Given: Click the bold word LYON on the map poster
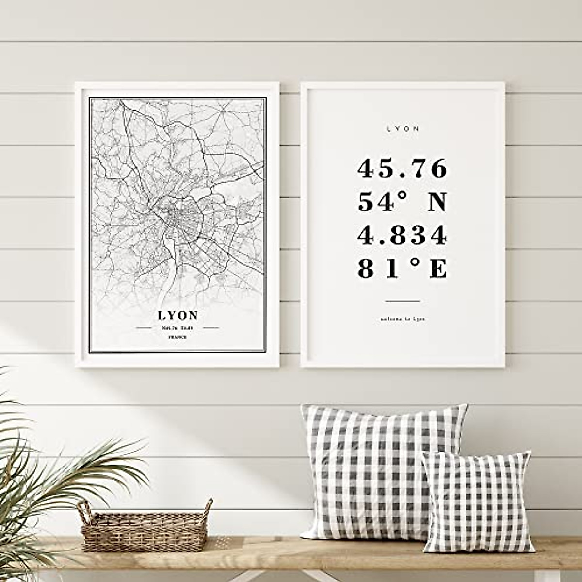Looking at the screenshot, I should click(178, 315).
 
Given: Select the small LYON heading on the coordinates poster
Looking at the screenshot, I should click(403, 129).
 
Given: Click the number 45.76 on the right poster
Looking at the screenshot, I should click(402, 169).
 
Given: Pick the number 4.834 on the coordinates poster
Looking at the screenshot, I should click(402, 236).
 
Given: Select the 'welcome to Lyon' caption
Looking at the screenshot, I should click(403, 319).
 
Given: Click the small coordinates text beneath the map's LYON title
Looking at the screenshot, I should click(178, 328).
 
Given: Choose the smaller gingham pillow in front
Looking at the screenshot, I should click(478, 502).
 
